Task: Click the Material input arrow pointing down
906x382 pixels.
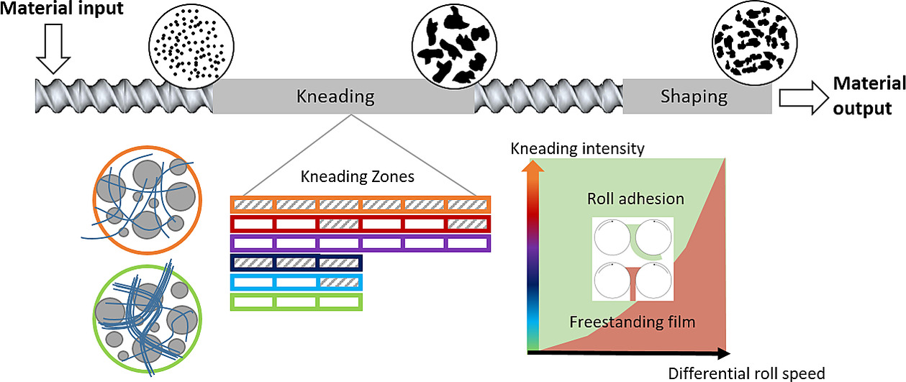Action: (53, 48)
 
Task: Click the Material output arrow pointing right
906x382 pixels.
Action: (804, 98)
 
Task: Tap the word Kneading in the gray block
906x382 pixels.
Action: (335, 96)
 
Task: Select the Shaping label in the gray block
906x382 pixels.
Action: (694, 96)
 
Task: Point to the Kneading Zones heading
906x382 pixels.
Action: (358, 177)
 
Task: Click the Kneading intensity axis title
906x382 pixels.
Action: (577, 148)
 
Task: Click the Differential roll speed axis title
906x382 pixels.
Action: (746, 373)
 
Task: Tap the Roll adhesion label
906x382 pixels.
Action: (635, 199)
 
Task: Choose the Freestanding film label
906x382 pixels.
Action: (632, 322)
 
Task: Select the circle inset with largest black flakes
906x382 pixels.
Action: (454, 45)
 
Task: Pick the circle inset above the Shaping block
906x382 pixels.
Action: (754, 43)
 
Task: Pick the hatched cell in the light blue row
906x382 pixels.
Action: (340, 282)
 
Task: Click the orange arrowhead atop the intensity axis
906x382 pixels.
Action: (533, 166)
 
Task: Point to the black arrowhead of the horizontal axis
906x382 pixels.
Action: (724, 354)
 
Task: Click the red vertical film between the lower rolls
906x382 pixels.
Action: (633, 284)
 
